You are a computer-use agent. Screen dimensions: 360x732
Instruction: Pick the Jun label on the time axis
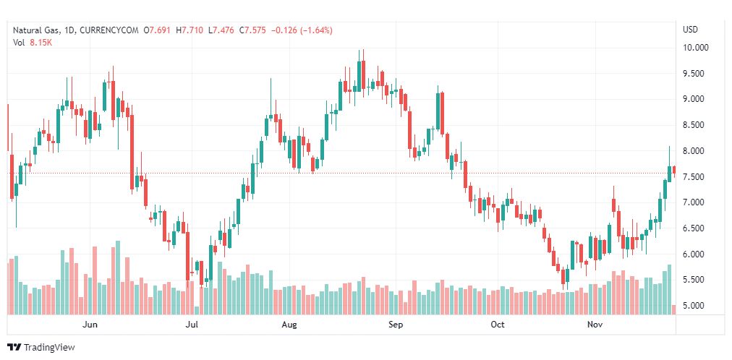click(90, 325)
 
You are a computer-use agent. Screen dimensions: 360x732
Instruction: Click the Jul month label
click(192, 325)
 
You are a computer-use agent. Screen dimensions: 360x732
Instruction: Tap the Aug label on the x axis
click(289, 325)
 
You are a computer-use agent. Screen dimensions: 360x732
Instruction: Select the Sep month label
click(395, 325)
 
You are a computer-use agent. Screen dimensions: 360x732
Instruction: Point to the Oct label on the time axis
click(498, 325)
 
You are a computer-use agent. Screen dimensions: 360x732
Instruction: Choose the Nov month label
click(595, 325)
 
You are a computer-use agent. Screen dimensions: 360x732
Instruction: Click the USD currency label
click(690, 30)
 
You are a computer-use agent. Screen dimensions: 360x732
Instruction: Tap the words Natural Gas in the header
click(36, 30)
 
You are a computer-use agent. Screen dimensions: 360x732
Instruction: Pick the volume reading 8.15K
click(41, 42)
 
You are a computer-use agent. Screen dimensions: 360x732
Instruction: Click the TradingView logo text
click(48, 347)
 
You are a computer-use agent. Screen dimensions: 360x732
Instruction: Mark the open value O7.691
click(159, 30)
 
